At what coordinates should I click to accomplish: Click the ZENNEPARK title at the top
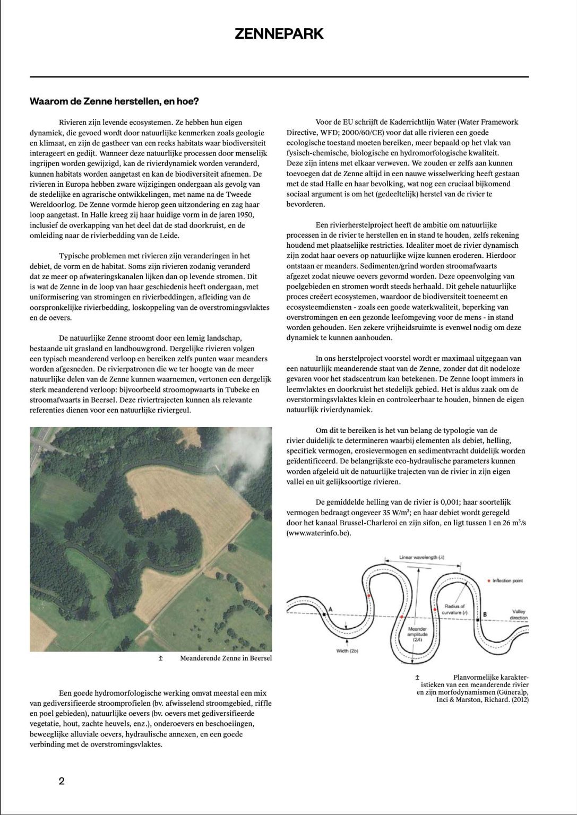coord(279,34)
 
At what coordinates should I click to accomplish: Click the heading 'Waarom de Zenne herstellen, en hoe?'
coord(114,101)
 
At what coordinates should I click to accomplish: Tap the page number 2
coord(62,781)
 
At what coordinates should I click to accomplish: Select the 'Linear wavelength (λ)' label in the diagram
coord(421,558)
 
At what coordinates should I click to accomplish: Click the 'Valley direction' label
coord(519,614)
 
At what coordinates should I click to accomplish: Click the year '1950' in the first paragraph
coord(243,215)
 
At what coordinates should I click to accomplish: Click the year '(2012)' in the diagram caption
coord(518,699)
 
